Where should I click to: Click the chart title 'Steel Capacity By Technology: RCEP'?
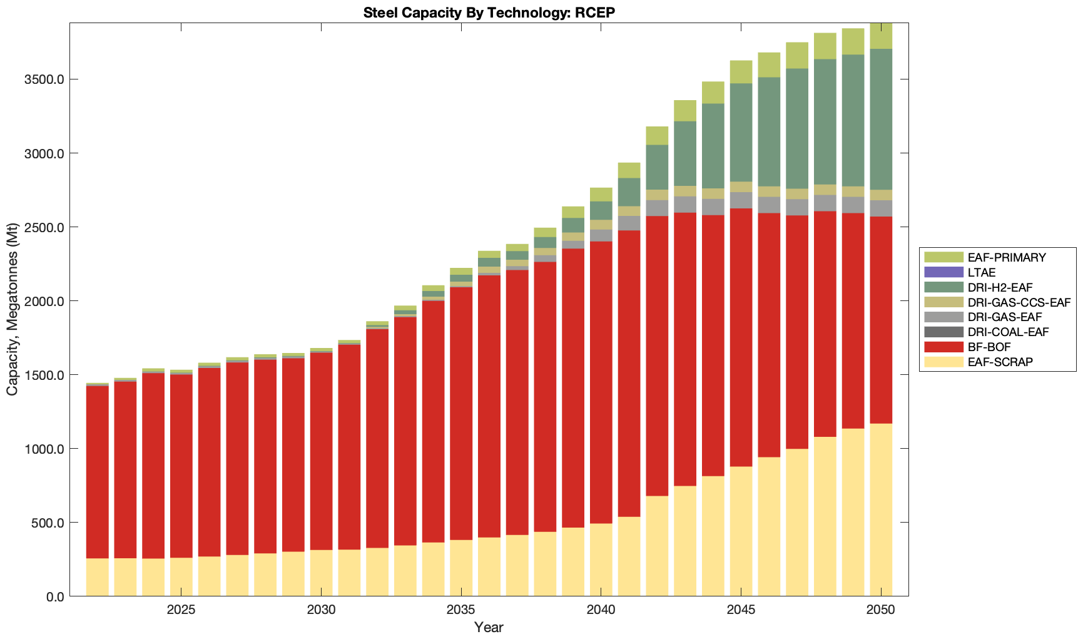(x=489, y=13)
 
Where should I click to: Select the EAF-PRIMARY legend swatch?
(x=943, y=257)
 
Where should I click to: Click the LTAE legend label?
(x=981, y=272)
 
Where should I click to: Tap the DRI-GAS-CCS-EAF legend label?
(x=1019, y=302)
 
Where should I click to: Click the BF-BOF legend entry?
(x=989, y=347)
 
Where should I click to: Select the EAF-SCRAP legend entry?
(x=1000, y=362)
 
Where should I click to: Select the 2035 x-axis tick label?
(x=461, y=610)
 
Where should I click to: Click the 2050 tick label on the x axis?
(x=881, y=610)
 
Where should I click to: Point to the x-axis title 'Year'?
(x=489, y=627)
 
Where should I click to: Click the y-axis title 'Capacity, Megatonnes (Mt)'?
(x=13, y=309)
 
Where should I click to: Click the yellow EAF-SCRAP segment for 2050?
(x=881, y=510)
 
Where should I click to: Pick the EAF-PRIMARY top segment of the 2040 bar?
(x=601, y=194)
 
